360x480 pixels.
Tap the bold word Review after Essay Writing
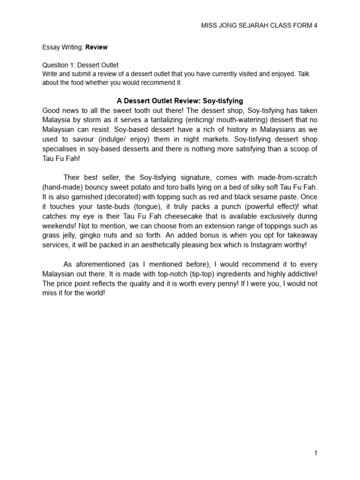pyautogui.click(x=96, y=47)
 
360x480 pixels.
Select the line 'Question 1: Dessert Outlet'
pyautogui.click(x=80, y=65)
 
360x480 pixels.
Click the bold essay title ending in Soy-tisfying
pyautogui.click(x=180, y=101)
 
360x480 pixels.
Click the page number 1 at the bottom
pyautogui.click(x=316, y=453)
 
